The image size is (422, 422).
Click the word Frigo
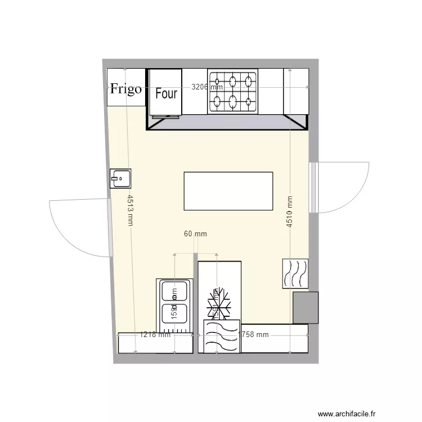pos(125,89)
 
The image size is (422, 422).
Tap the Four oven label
pos(166,94)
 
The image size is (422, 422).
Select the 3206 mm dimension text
pos(207,87)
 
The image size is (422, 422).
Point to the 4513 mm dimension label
pos(130,210)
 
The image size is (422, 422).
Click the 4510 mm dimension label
pos(290,212)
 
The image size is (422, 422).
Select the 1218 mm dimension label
pos(155,335)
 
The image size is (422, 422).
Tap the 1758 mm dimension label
pos(253,335)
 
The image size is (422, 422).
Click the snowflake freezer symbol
pos(219,304)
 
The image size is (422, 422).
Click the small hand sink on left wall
pos(120,178)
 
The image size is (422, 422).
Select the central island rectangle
pos(228,191)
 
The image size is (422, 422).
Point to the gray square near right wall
pos(306,307)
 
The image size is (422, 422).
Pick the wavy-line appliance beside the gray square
pos(295,273)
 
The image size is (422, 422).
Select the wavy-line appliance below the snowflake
pos(222,336)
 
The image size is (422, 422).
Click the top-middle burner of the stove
pos(232,80)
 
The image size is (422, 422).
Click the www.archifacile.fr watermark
pos(365,413)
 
